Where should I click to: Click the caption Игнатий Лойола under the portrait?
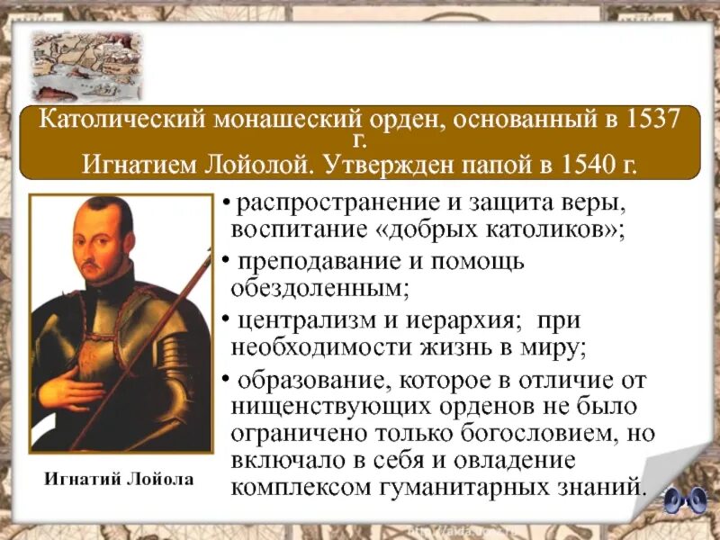tap(120, 479)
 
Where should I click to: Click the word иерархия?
tap(454, 321)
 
